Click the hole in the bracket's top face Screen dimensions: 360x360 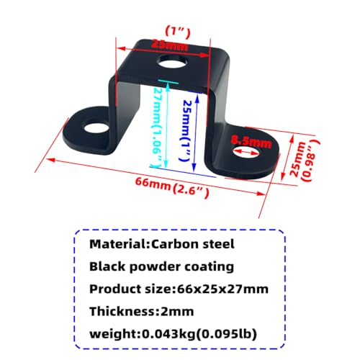(x=172, y=62)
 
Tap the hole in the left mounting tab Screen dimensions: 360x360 (x=96, y=127)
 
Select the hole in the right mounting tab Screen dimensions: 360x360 (x=247, y=152)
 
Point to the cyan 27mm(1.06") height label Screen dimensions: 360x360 (x=158, y=127)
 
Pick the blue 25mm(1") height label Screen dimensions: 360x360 (x=186, y=131)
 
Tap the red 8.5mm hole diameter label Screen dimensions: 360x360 (x=251, y=142)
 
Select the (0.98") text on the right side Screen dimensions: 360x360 (x=311, y=161)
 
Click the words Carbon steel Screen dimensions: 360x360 (x=193, y=244)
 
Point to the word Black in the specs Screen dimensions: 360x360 (x=107, y=266)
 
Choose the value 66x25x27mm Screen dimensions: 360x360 (x=222, y=289)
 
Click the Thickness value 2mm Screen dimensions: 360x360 (x=177, y=311)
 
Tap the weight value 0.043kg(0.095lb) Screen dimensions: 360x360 (x=199, y=333)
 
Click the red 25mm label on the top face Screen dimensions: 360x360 (x=169, y=45)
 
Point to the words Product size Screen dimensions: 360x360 (x=131, y=289)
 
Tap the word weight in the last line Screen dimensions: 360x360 (x=114, y=334)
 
